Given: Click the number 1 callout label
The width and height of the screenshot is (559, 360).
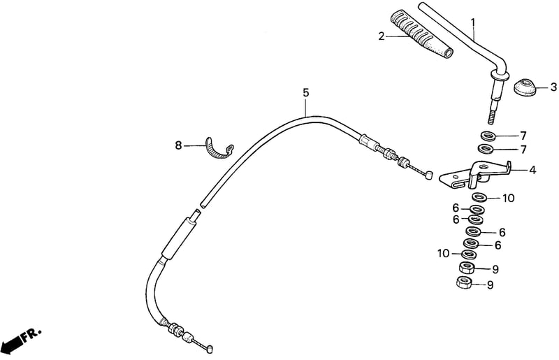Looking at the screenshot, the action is [x=473, y=23].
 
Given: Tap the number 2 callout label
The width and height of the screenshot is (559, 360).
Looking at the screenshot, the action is [x=382, y=36].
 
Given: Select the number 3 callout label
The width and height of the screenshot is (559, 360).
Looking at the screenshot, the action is [x=553, y=87].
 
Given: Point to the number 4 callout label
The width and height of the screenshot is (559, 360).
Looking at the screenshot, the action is [x=532, y=170].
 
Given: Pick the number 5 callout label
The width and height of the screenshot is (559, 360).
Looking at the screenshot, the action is [x=306, y=93].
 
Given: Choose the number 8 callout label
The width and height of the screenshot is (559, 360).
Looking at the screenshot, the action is [x=178, y=145].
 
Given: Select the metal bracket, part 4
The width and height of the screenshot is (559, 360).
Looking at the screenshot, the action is [x=476, y=175].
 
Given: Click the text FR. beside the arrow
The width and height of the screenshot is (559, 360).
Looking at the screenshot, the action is [x=31, y=335].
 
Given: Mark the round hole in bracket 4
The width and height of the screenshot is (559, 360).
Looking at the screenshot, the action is [x=484, y=166].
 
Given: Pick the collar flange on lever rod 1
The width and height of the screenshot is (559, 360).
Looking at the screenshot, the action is [x=500, y=75].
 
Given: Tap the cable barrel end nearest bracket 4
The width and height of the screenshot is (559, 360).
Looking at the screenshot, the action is [x=429, y=175].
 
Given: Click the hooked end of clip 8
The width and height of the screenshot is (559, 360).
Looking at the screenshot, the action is [x=231, y=149].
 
